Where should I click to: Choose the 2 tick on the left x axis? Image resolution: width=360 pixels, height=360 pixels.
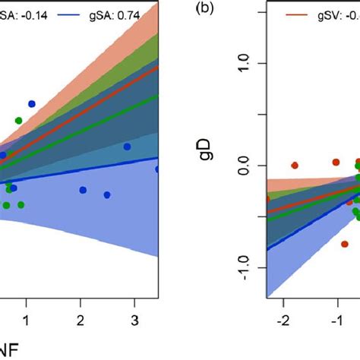coord(81,315)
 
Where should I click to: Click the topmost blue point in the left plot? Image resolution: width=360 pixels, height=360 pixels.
coord(32,103)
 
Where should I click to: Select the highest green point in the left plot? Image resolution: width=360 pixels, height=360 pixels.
coord(18,121)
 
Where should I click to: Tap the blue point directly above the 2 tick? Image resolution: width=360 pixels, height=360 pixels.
coord(82,190)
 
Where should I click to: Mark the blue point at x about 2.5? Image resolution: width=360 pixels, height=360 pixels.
coord(107,195)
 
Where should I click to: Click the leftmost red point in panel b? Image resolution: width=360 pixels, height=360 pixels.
coord(295,165)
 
